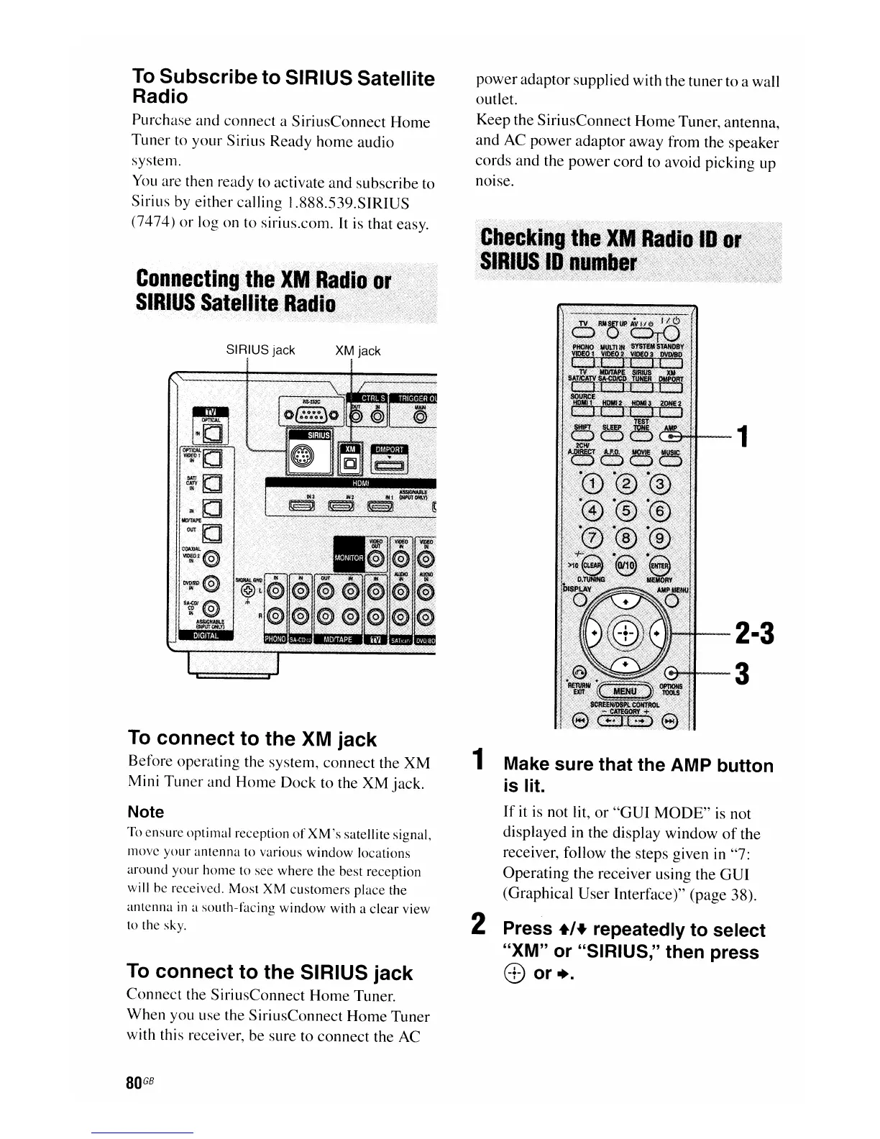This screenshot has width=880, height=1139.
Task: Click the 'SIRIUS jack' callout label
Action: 260,350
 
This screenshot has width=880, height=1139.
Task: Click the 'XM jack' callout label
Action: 358,351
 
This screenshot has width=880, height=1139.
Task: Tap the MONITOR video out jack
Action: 375,559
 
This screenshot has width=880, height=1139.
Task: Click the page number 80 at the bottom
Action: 132,1084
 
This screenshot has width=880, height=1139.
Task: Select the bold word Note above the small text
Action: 145,812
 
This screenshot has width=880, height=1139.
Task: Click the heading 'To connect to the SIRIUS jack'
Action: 270,972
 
